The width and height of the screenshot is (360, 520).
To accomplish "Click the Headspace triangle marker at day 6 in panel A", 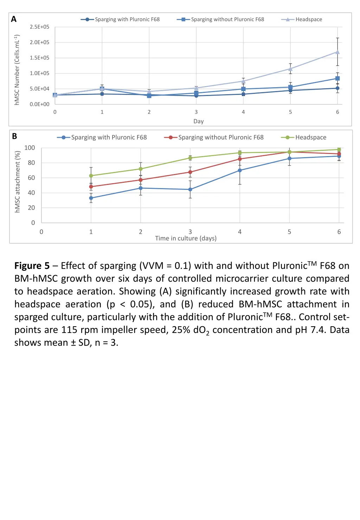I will (x=337, y=52).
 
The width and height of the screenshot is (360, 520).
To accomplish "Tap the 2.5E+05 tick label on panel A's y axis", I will (x=39, y=27).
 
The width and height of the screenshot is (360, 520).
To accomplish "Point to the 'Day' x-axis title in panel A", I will (x=198, y=121).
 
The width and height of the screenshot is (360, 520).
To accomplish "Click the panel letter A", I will (x=14, y=19).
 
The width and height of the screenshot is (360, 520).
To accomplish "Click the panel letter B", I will (x=14, y=136).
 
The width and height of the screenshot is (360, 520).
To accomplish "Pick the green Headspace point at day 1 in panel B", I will (x=91, y=176).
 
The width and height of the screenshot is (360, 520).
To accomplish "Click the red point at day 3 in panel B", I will (x=190, y=172).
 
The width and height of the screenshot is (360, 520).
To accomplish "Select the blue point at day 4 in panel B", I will (x=240, y=170).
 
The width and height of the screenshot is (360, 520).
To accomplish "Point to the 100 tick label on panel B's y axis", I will (x=30, y=148).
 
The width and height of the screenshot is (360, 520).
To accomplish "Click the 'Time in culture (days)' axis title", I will (x=186, y=238).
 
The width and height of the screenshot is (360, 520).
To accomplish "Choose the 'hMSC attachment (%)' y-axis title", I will (x=17, y=182).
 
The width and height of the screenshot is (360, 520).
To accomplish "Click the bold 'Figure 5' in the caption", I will (x=32, y=266).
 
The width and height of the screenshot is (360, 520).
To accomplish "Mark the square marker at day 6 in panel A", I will (x=337, y=78).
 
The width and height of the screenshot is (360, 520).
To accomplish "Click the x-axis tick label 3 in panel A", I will (x=196, y=112).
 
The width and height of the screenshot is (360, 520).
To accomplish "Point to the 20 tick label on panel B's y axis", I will (x=31, y=208).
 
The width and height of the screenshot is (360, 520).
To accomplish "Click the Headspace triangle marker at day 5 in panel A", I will (x=290, y=69).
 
